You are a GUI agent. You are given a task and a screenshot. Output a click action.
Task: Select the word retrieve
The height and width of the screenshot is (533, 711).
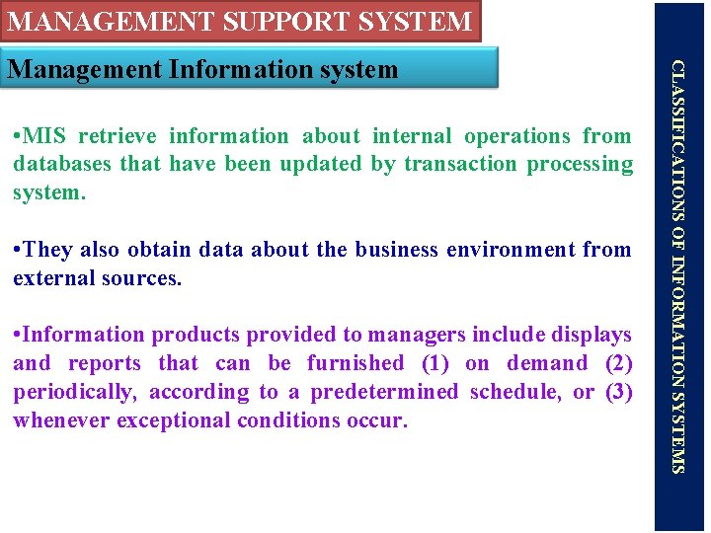point(118,136)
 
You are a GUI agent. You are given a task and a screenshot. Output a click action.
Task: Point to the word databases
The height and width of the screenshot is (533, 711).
point(61,164)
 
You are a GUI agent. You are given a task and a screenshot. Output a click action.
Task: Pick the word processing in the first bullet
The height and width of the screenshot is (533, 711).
point(580,164)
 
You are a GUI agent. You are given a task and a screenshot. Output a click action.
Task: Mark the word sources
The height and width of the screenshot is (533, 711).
point(147,278)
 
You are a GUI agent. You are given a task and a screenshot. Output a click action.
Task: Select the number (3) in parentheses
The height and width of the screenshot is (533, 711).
point(618,392)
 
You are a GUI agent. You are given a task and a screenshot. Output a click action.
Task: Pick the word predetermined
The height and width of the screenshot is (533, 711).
point(384,392)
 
